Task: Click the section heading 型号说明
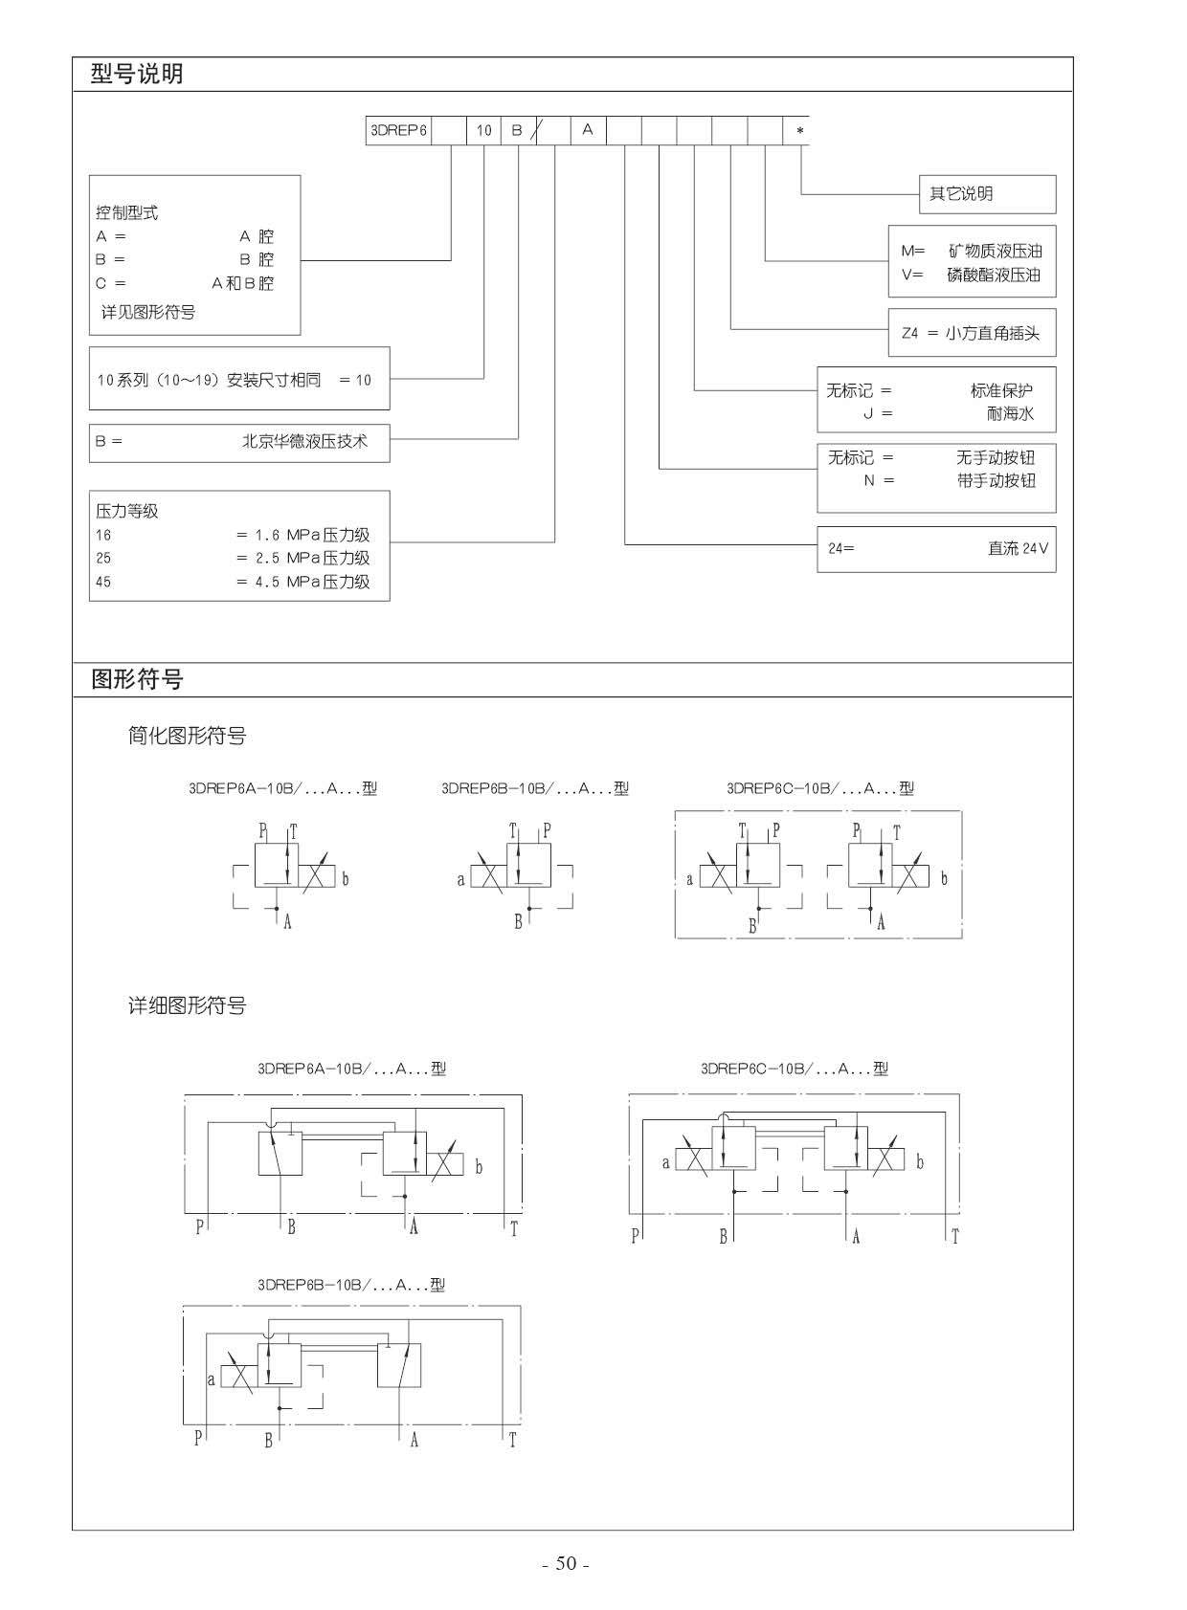[x=137, y=74]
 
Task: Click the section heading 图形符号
[x=137, y=678]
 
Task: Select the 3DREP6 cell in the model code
[x=398, y=130]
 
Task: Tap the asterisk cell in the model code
[x=796, y=130]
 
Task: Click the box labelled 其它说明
[x=987, y=194]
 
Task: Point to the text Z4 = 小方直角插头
[x=971, y=333]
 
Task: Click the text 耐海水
[x=1010, y=413]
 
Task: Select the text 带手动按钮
[x=996, y=480]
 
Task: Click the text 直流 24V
[x=1018, y=548]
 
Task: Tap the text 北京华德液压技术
[x=304, y=441]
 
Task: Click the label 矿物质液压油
[x=995, y=251]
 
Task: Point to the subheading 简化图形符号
[x=187, y=736]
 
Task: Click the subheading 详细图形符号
[x=187, y=1004]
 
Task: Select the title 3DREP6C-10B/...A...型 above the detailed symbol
[x=795, y=1069]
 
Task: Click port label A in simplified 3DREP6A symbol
[x=288, y=922]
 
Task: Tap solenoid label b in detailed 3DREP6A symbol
[x=480, y=1167]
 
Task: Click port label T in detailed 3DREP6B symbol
[x=512, y=1440]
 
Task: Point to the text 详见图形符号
[x=148, y=312]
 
